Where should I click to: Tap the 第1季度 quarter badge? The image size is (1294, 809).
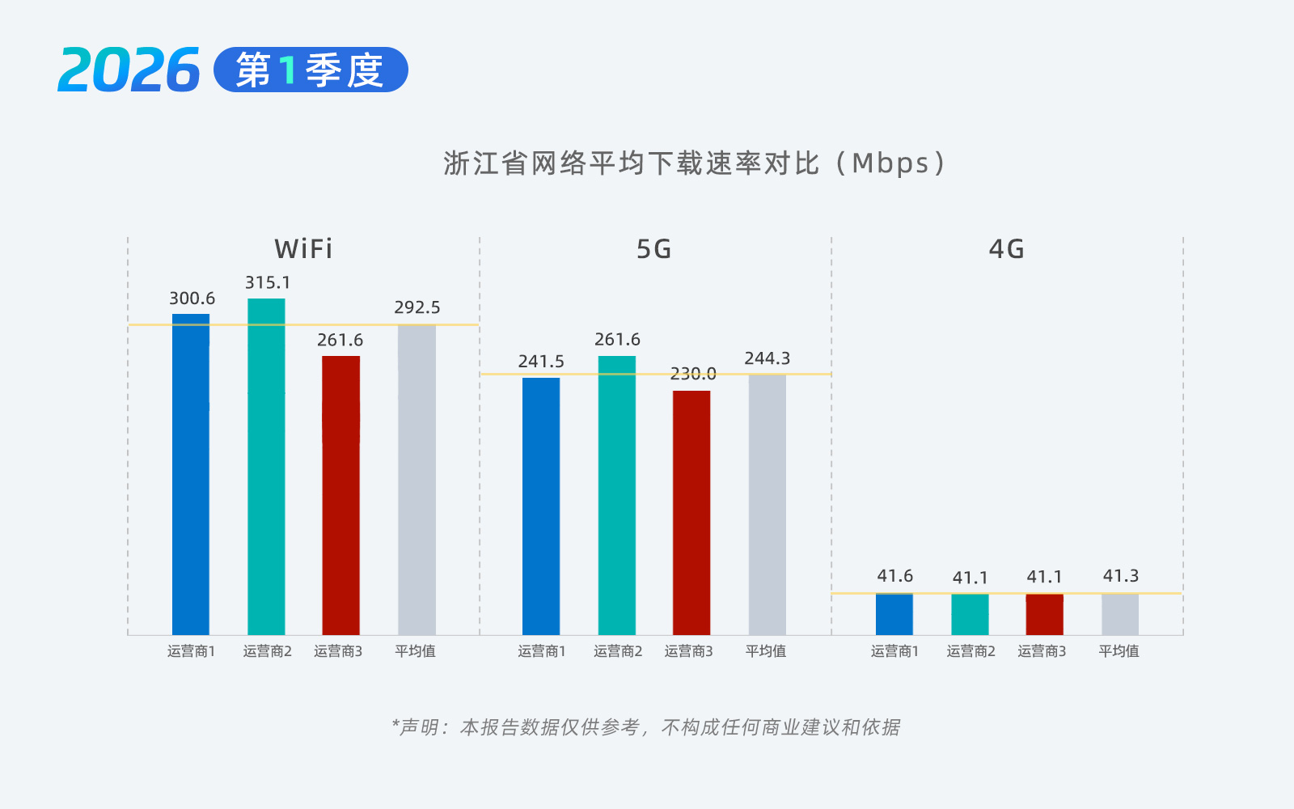(311, 70)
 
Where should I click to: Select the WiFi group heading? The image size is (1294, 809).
(303, 249)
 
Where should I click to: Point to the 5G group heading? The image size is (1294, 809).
(654, 249)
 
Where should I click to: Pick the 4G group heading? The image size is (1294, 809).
(1007, 249)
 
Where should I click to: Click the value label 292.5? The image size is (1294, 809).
(417, 307)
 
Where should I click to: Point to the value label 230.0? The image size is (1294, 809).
(693, 374)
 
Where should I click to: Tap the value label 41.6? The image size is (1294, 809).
(894, 576)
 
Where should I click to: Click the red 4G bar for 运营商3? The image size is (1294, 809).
(1044, 615)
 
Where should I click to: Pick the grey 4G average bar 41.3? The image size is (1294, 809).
(1120, 615)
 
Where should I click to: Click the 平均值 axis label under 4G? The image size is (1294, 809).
(1119, 651)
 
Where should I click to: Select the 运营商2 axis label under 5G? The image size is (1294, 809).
(618, 651)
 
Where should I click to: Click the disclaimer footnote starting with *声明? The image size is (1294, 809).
(645, 727)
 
